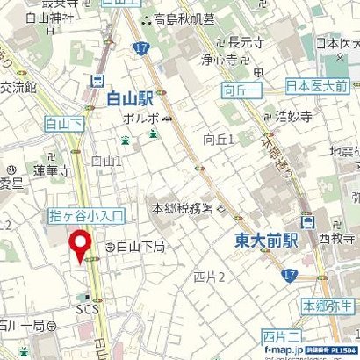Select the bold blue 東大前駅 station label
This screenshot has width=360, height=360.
tap(266, 238)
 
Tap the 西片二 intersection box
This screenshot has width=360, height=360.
tap(280, 335)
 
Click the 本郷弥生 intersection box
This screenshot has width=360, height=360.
tap(327, 306)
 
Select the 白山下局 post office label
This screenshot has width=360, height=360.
tap(140, 248)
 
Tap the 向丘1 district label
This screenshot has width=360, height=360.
tap(219, 139)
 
